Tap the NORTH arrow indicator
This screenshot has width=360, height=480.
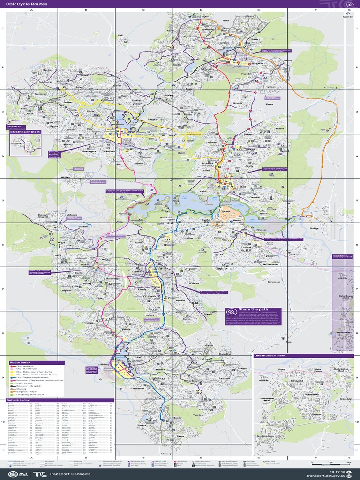click(x=348, y=14)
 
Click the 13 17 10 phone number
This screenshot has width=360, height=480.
click(x=337, y=471)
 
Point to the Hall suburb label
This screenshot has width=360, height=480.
click(x=120, y=35)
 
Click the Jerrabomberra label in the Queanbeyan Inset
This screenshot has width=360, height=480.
click(x=265, y=436)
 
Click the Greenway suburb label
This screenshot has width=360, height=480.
click(x=104, y=364)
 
